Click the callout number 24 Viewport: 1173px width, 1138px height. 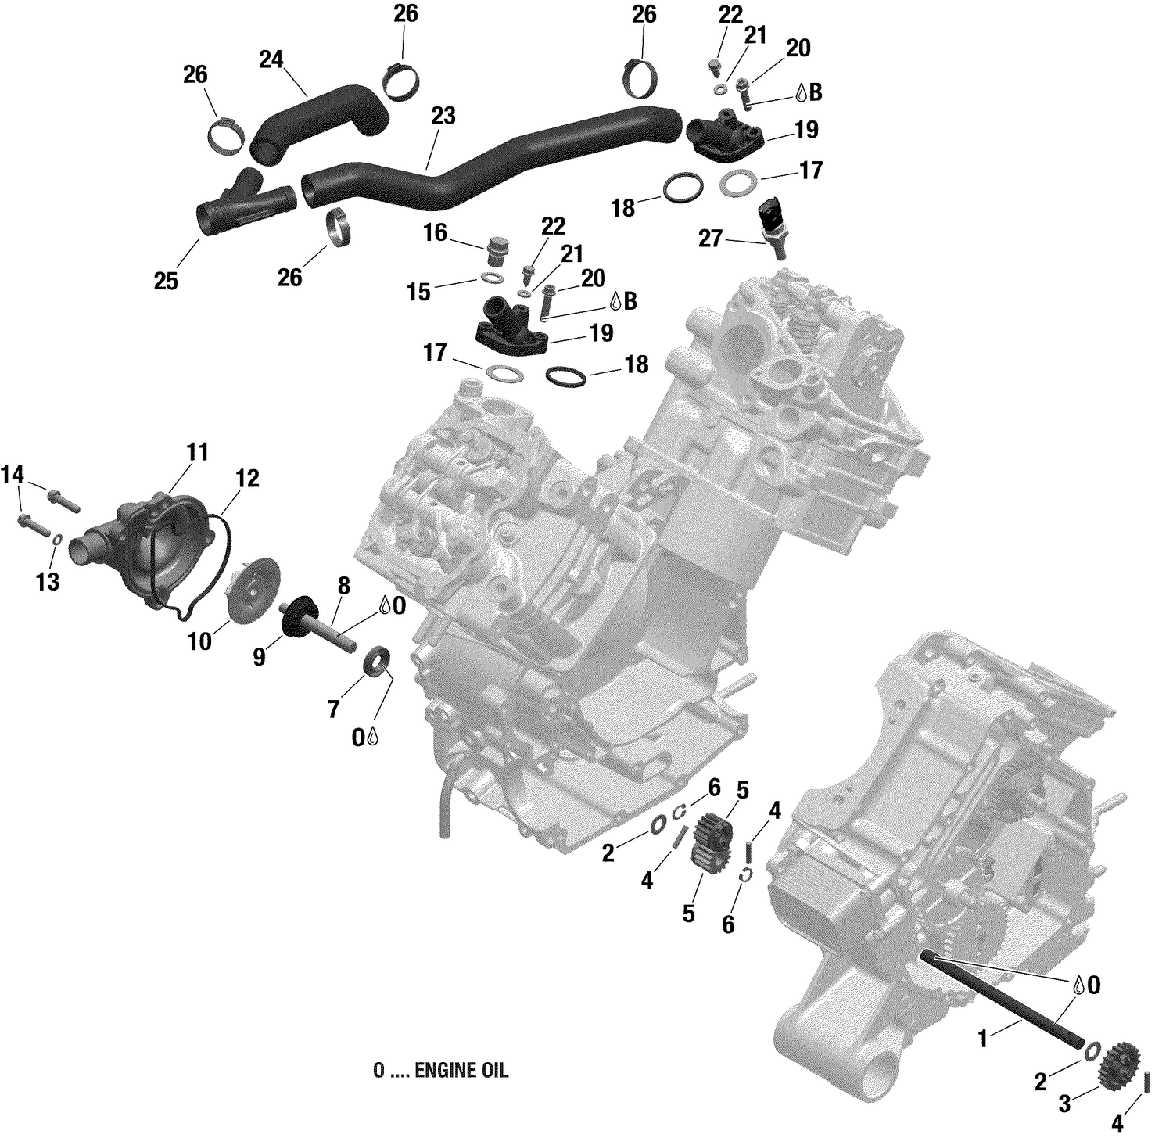[x=271, y=59]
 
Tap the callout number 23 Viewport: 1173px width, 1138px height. [x=443, y=117]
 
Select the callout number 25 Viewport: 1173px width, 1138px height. [x=166, y=281]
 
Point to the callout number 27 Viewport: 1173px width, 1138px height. [x=710, y=239]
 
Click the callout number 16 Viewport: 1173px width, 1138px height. [x=436, y=232]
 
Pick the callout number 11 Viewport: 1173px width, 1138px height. [x=197, y=452]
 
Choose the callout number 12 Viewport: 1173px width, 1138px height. [x=247, y=478]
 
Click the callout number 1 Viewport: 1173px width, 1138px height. [x=984, y=1039]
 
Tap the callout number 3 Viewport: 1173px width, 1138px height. [x=1064, y=1104]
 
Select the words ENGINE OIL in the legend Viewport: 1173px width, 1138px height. [x=461, y=1071]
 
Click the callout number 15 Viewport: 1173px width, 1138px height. [x=418, y=292]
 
